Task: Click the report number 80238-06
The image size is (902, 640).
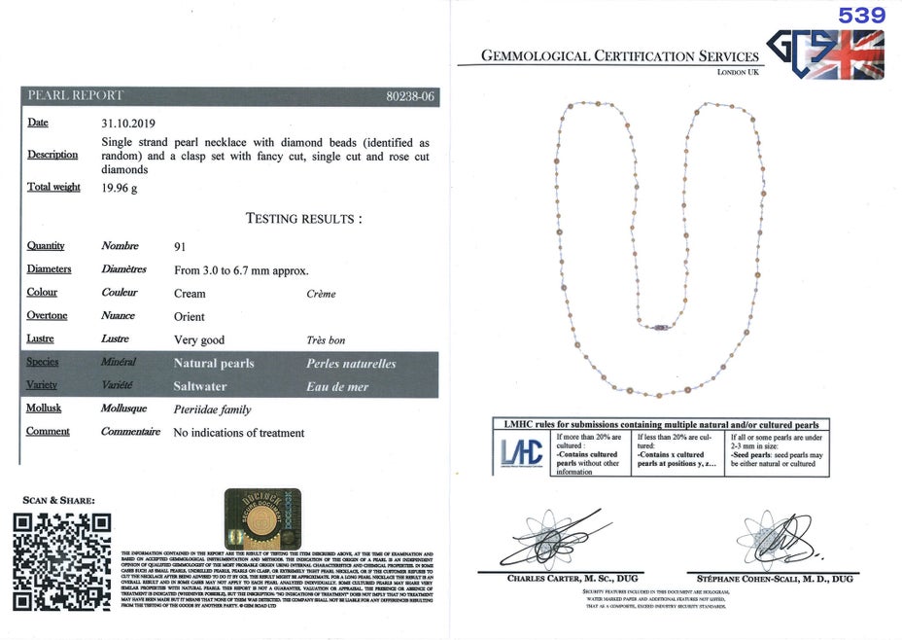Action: click(x=410, y=96)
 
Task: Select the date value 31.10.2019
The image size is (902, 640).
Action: click(x=128, y=124)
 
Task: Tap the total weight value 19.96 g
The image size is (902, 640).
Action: click(x=120, y=188)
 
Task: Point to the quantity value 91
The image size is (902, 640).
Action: click(x=180, y=246)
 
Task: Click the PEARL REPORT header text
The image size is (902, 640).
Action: click(x=76, y=95)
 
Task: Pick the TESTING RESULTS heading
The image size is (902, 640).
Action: click(x=304, y=218)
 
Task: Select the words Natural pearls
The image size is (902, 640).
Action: click(x=213, y=363)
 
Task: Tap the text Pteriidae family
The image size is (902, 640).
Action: click(x=212, y=409)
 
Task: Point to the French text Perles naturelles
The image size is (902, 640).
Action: click(x=351, y=363)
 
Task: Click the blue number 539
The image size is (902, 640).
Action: click(x=862, y=15)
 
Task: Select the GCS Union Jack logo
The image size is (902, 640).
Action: click(x=825, y=53)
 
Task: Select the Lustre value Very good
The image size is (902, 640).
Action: click(x=198, y=339)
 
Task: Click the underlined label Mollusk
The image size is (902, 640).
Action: click(x=44, y=408)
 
